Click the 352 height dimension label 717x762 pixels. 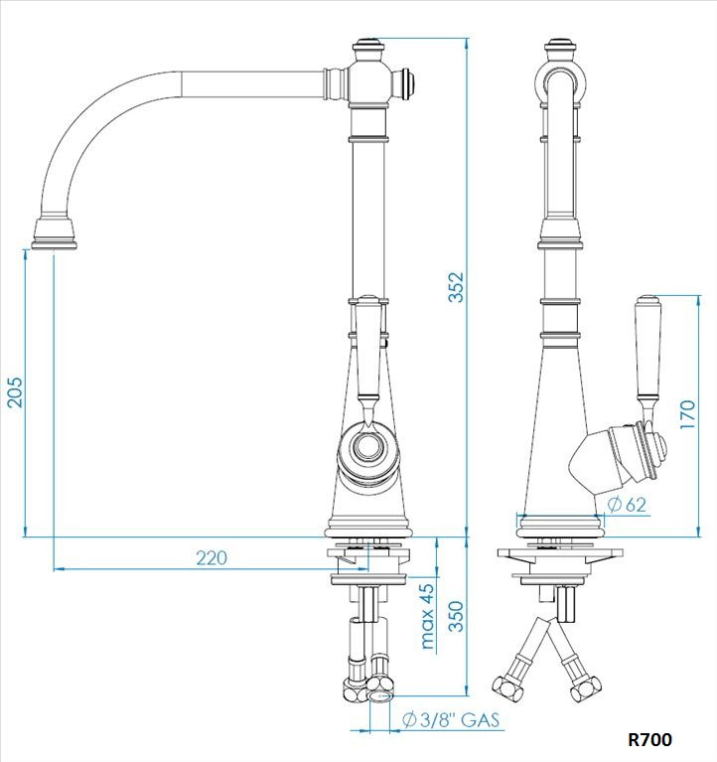tap(456, 287)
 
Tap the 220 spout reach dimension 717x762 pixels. tap(211, 558)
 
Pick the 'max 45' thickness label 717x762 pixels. tap(427, 616)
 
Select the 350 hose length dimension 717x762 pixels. tap(456, 616)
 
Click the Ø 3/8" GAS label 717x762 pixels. tap(452, 720)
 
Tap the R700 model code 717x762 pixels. tap(650, 740)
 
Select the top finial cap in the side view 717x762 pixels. tap(562, 46)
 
